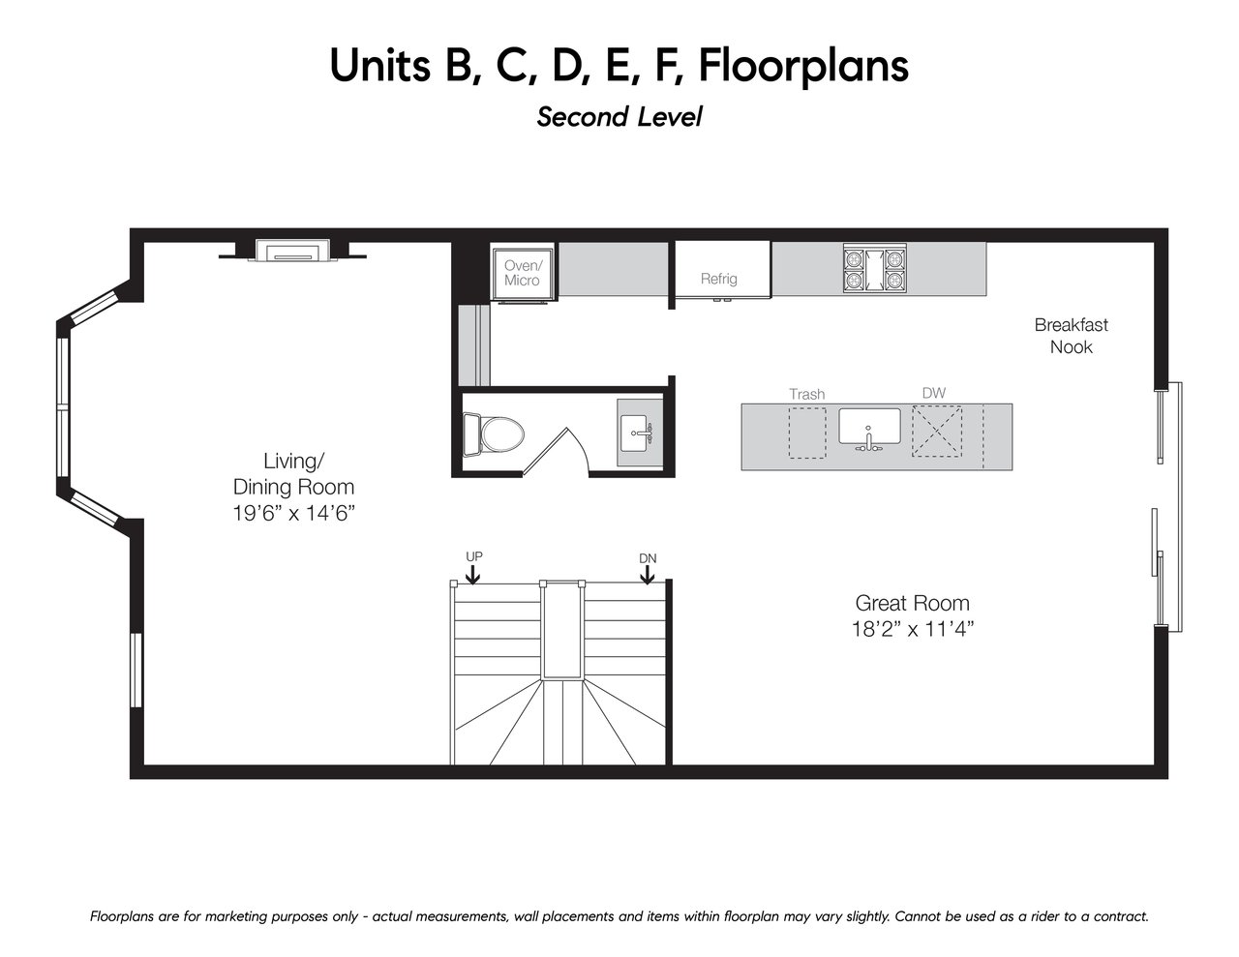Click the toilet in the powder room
coord(494,434)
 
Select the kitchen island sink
coord(869,428)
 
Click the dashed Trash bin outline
coord(807,433)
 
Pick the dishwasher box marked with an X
coord(936,431)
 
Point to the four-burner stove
coord(875,268)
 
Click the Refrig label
coord(718,279)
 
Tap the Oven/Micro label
coord(523,273)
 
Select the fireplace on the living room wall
coord(292,251)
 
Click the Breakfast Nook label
coord(1071,336)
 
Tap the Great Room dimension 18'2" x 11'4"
coord(912,629)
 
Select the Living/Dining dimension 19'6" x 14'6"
coord(293,513)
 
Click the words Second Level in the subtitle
coord(619,117)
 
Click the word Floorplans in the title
coord(802,66)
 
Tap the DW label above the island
coord(933,393)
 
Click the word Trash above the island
coord(807,394)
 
